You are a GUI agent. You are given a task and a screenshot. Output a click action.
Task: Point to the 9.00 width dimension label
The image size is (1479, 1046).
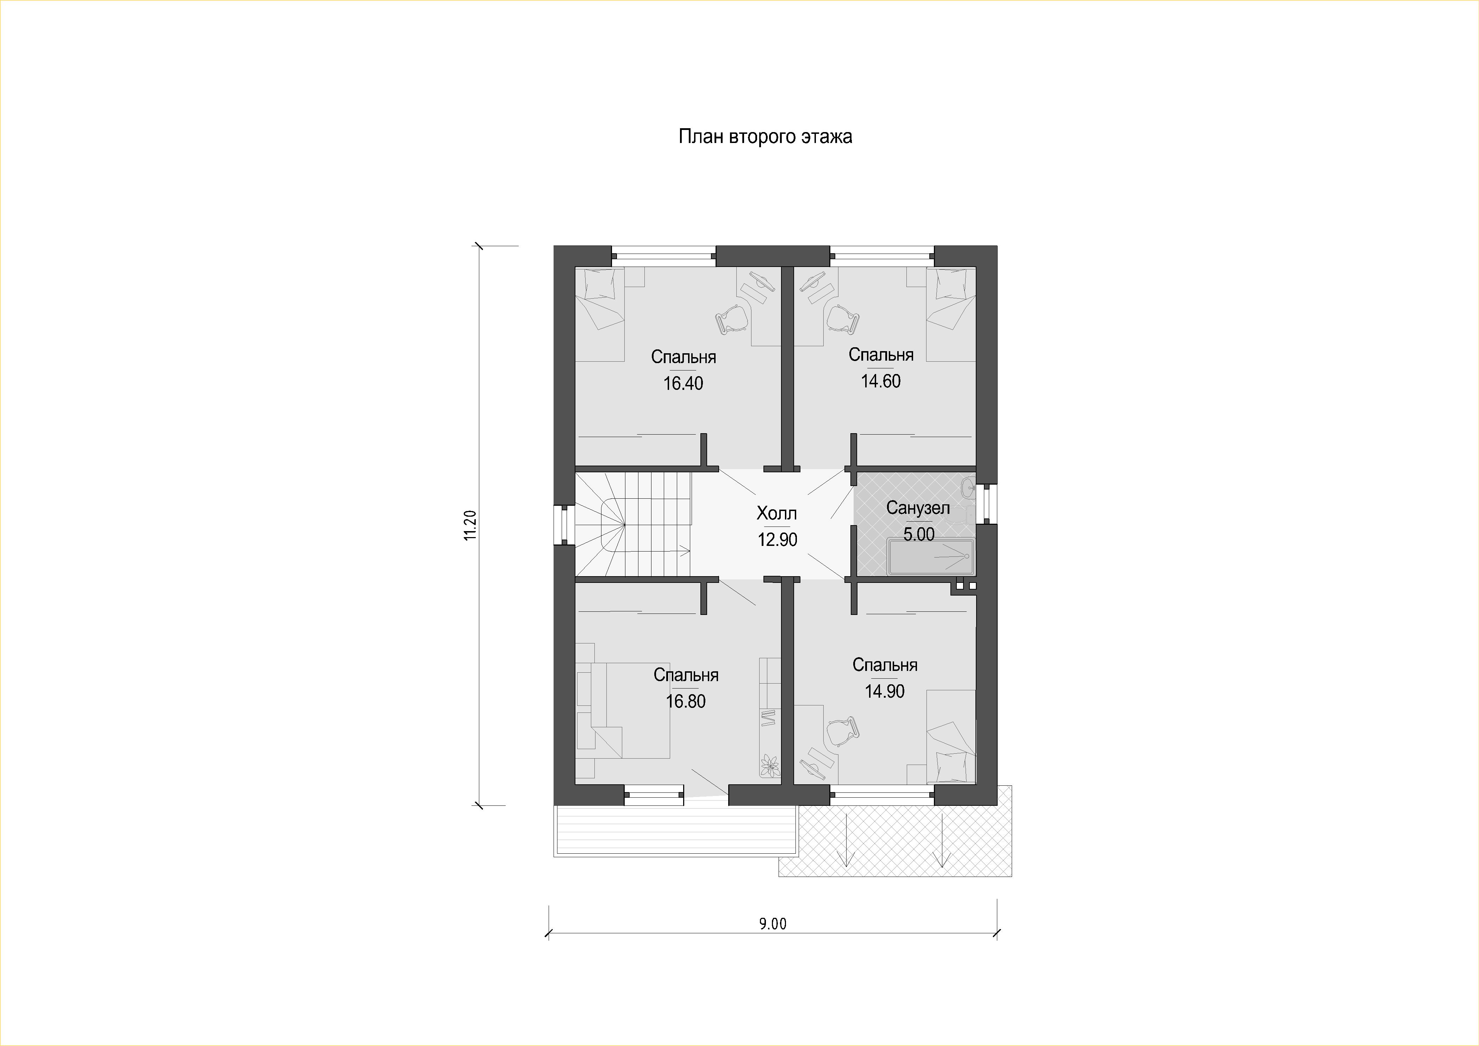coord(772,924)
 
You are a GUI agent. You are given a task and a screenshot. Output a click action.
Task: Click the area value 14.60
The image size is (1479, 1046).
coord(881,381)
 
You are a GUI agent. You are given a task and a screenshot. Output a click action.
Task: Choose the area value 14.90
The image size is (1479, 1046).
coord(885,691)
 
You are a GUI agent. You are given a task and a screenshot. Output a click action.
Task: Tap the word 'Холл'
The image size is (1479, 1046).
coord(777,513)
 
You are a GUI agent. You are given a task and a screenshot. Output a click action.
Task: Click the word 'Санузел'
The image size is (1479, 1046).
coord(918,508)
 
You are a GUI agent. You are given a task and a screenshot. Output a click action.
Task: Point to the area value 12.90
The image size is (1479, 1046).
coord(778,540)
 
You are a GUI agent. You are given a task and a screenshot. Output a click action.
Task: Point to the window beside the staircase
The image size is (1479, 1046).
coord(564,525)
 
